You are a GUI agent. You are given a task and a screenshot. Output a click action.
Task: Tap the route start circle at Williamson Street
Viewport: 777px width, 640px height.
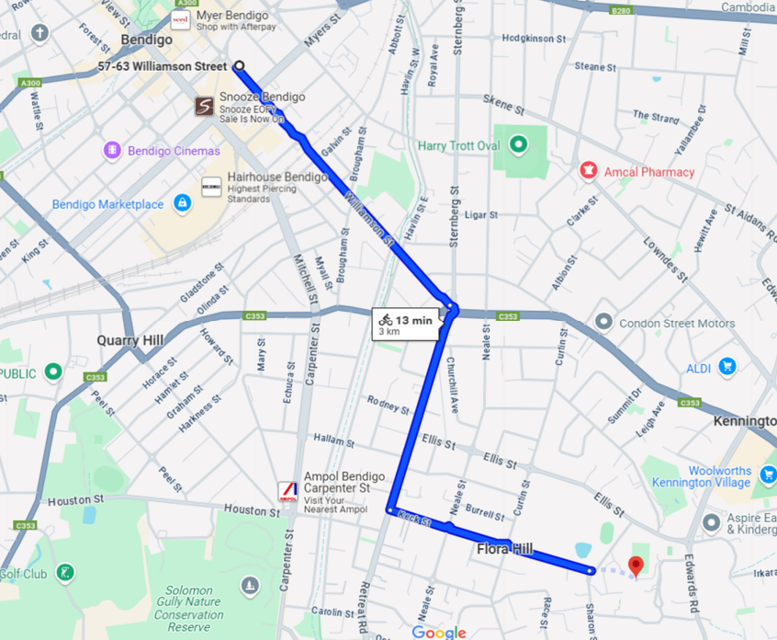(240, 65)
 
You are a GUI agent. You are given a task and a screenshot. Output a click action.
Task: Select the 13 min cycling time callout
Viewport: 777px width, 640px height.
(403, 325)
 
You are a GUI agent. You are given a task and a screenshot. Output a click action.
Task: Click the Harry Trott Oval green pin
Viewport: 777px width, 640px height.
(518, 145)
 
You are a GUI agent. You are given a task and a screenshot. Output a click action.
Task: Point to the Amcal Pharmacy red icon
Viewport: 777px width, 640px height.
(588, 171)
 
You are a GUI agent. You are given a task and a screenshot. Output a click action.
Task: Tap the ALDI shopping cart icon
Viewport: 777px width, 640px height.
(727, 367)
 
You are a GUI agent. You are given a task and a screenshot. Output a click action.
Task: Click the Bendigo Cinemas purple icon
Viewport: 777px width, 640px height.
(113, 150)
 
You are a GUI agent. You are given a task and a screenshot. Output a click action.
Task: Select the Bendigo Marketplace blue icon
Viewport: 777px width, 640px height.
(182, 203)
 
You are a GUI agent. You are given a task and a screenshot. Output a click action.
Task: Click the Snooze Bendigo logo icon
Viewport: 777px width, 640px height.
(203, 107)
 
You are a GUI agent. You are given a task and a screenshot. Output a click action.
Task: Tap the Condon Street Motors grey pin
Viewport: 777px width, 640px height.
(603, 323)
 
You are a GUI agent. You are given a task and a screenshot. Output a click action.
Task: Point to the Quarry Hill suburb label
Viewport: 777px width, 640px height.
(130, 340)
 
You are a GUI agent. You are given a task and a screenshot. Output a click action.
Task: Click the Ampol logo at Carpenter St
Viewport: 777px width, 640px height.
(288, 491)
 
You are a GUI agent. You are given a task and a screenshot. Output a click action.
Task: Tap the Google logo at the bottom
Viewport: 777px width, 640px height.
(439, 632)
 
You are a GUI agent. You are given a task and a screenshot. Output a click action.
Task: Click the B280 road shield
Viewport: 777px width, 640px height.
(622, 10)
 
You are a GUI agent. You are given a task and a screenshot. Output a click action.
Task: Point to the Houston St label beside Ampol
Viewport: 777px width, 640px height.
(244, 509)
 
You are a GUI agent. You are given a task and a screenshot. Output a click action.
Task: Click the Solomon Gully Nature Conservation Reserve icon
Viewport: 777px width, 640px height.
(250, 586)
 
